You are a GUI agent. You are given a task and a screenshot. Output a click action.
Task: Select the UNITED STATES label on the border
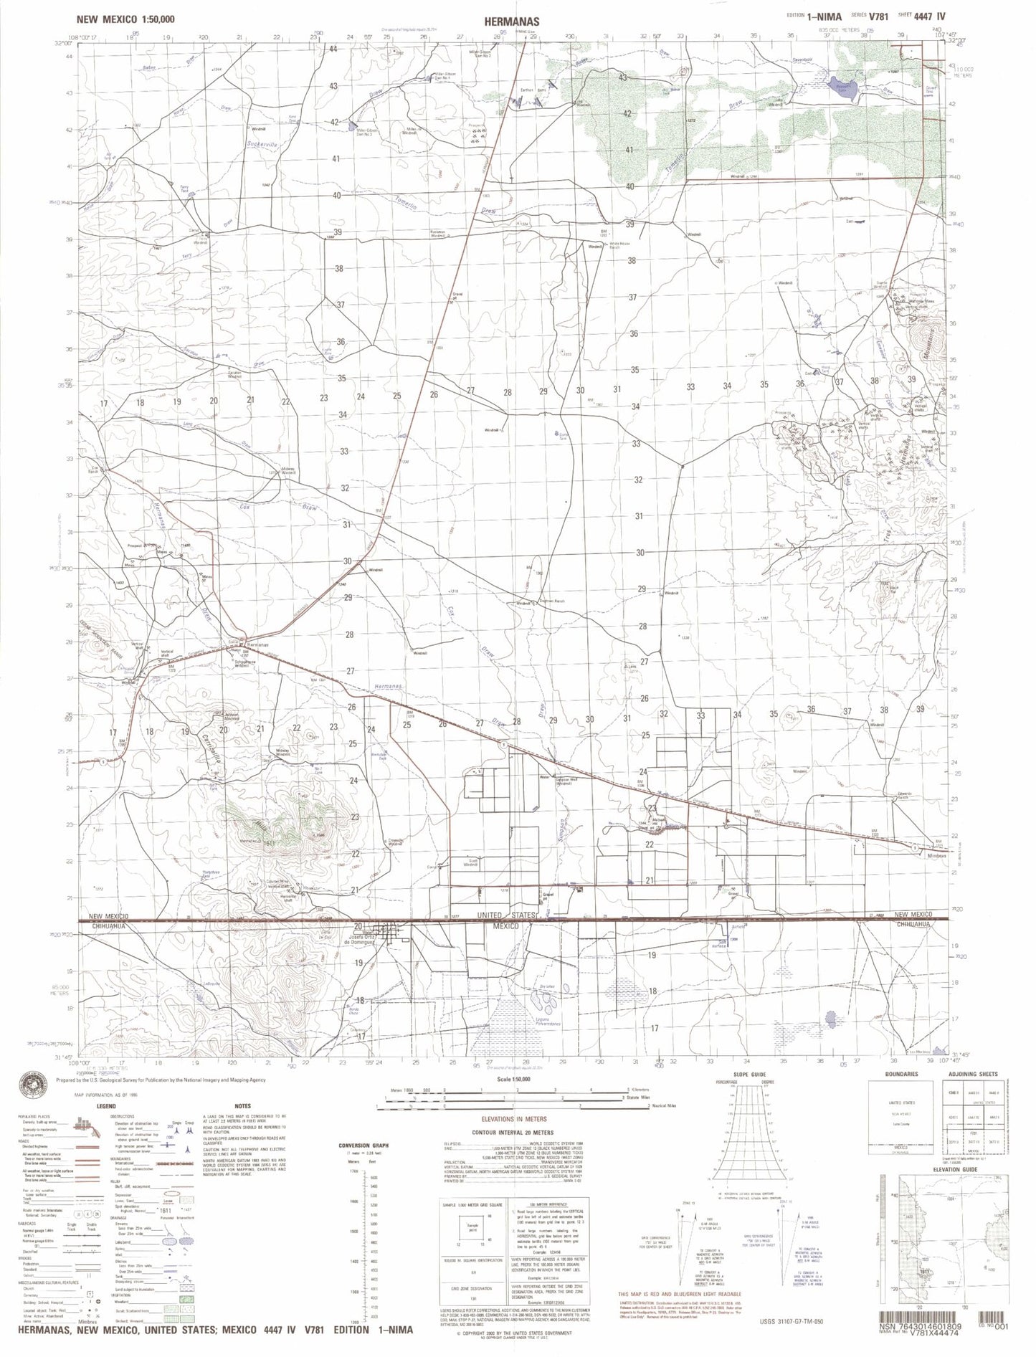coord(508,916)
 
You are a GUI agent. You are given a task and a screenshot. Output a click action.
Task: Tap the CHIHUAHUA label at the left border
coord(109,925)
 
